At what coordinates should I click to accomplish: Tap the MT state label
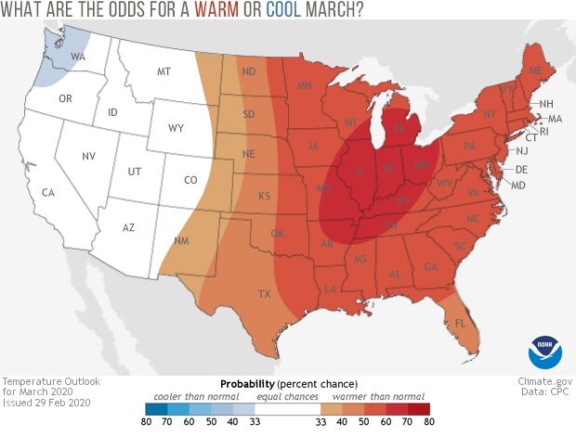pyautogui.click(x=164, y=71)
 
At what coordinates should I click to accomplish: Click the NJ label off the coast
pyautogui.click(x=522, y=150)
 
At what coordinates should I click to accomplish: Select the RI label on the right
pyautogui.click(x=544, y=132)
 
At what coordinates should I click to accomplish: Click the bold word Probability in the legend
pyautogui.click(x=248, y=383)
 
